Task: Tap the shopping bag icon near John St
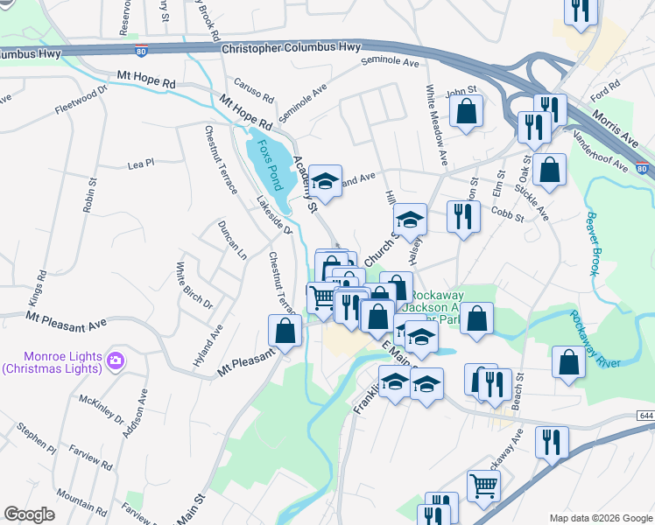click(x=467, y=111)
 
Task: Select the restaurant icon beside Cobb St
click(x=463, y=215)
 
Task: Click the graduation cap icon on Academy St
click(x=325, y=181)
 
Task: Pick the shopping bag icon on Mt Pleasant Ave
click(x=285, y=331)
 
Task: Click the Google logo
click(x=30, y=514)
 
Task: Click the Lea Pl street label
click(x=140, y=163)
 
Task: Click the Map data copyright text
click(x=600, y=518)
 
